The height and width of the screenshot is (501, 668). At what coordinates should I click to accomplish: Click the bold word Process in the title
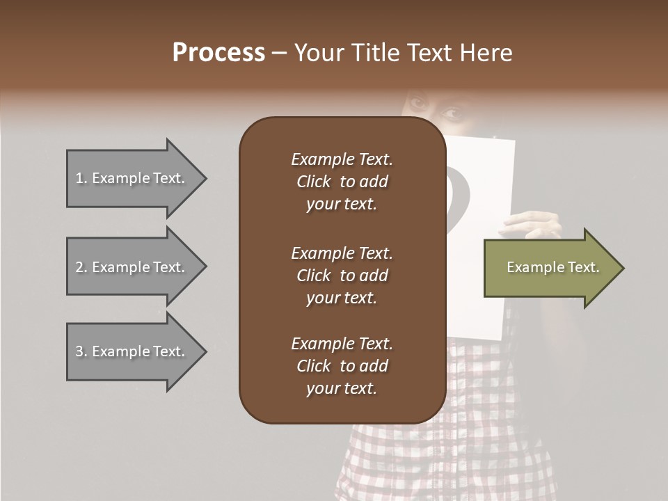(218, 53)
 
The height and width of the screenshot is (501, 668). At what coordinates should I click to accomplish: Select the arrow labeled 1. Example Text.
(132, 178)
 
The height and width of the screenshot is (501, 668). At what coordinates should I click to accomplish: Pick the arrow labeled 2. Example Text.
(132, 267)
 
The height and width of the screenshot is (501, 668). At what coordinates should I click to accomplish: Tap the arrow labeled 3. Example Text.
(132, 351)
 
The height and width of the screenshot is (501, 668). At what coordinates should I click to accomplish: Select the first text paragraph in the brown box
(342, 182)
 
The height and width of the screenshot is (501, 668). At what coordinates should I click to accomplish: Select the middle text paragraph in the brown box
(342, 276)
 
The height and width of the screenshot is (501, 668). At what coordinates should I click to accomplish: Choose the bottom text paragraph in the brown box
(342, 366)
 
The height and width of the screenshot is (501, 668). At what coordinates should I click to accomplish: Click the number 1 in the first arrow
(79, 178)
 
